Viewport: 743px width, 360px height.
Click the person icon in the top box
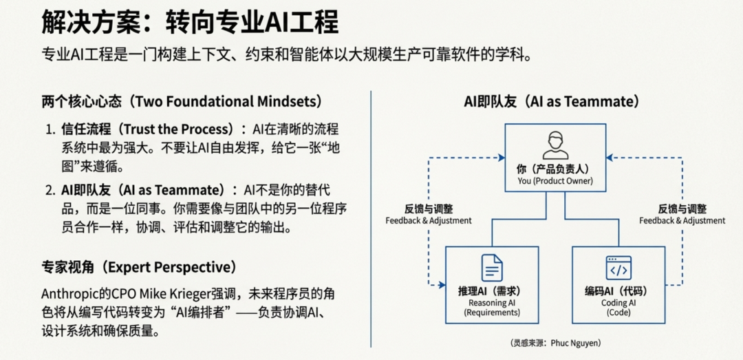tap(555, 145)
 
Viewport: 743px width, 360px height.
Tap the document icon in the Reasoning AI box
tap(492, 268)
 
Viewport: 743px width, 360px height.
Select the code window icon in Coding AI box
tap(618, 268)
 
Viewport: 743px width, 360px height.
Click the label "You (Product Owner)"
tap(555, 181)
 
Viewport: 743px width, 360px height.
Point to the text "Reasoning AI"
tap(492, 303)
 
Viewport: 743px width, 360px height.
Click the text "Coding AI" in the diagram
tap(618, 303)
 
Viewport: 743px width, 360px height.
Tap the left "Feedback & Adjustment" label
tap(429, 220)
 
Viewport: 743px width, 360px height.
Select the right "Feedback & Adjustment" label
tap(682, 220)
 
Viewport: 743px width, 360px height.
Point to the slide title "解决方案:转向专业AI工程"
tap(190, 23)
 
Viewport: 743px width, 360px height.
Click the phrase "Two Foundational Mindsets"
tap(228, 102)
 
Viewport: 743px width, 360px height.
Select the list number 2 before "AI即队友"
tap(50, 190)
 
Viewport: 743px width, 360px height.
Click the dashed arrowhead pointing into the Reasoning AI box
tap(441, 284)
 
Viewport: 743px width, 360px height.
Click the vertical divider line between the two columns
tap(371, 220)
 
